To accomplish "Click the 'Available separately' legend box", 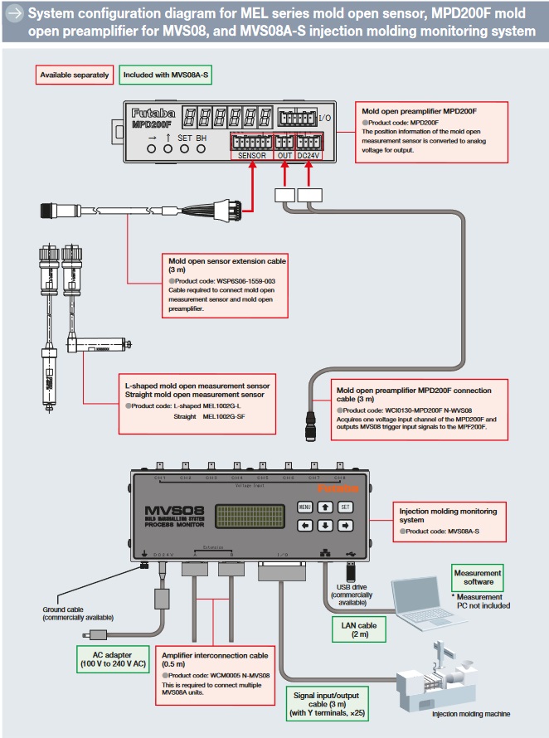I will (74, 75).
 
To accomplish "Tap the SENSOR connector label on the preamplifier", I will (251, 154).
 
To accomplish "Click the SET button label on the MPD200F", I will (184, 138).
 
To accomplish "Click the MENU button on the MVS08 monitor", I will (304, 507).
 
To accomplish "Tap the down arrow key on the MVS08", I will (325, 525).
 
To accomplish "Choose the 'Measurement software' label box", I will (477, 578).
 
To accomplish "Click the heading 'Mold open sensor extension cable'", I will (228, 265).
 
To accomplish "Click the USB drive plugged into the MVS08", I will (349, 571).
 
